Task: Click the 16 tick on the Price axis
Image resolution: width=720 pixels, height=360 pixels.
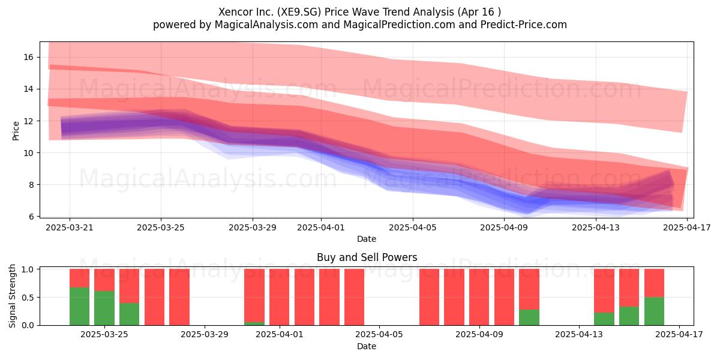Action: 28,57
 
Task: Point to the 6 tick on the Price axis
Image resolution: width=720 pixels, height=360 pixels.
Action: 31,217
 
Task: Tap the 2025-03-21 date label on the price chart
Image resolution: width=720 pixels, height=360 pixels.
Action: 70,227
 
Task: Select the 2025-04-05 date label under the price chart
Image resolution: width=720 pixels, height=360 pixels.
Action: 413,227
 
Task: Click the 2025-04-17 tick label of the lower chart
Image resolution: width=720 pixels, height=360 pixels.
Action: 679,335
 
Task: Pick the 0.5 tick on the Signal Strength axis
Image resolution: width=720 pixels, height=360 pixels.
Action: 28,298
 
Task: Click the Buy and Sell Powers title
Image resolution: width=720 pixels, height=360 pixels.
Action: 367,257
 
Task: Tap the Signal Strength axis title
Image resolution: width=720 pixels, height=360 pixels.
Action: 12,296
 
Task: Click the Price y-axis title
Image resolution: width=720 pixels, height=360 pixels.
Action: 16,131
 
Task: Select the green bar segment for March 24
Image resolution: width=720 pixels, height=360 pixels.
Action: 79,307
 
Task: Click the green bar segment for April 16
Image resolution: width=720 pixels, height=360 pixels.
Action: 654,311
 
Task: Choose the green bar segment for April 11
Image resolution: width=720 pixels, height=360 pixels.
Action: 529,317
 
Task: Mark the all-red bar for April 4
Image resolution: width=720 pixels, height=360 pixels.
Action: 354,297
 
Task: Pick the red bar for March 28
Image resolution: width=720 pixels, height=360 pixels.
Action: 179,297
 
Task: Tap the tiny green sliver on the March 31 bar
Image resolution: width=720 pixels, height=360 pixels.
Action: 254,323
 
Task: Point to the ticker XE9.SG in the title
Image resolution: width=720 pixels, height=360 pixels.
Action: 299,12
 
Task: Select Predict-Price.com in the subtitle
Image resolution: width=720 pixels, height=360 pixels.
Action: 524,25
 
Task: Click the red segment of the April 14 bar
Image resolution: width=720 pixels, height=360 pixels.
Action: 604,291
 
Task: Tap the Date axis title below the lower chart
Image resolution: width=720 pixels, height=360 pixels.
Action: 367,346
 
